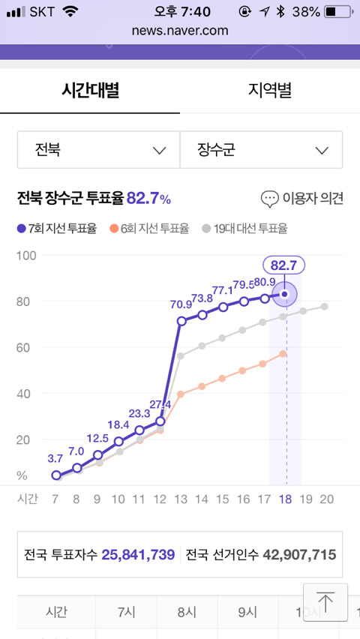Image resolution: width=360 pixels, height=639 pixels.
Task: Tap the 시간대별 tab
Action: click(x=90, y=90)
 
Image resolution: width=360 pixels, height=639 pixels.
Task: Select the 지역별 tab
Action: click(x=270, y=90)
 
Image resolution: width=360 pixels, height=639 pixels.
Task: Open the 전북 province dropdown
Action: click(x=99, y=150)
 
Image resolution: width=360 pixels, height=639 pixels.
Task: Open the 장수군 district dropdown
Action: click(x=261, y=150)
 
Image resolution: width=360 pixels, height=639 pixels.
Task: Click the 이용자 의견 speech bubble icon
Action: click(x=269, y=199)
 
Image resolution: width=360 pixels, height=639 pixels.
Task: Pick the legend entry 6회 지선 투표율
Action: click(x=149, y=229)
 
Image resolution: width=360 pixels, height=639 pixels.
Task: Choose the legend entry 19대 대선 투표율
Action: click(x=244, y=229)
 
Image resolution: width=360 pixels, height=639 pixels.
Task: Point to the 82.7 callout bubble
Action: click(x=284, y=265)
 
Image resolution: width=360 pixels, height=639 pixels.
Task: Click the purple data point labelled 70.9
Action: click(x=181, y=321)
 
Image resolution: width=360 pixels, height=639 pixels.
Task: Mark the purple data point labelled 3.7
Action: click(x=56, y=475)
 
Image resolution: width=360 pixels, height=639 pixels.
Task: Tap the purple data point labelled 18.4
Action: click(x=118, y=441)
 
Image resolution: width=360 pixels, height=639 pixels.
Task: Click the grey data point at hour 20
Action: click(x=324, y=307)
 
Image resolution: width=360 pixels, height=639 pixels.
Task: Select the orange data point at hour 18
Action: click(x=283, y=354)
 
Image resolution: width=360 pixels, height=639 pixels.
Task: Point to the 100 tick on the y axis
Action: click(x=26, y=256)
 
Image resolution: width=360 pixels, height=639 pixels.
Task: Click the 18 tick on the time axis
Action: click(x=286, y=499)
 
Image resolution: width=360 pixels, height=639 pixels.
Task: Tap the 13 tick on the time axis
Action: click(x=180, y=499)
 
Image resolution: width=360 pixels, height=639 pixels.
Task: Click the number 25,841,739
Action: click(x=138, y=555)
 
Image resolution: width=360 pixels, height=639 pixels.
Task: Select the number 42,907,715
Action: click(x=299, y=555)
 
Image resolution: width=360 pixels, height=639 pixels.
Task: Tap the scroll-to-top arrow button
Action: click(x=325, y=602)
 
